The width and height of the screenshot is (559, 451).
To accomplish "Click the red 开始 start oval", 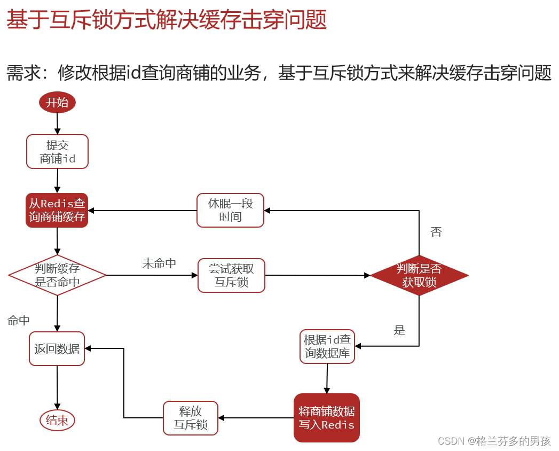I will click(57, 103).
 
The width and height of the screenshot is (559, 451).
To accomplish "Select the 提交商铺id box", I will click(57, 152).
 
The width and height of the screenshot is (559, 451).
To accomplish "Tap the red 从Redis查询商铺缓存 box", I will click(57, 211).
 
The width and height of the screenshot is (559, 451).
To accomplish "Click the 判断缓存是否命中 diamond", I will click(57, 275).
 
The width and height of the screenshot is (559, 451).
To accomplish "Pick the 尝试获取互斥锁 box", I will click(231, 276).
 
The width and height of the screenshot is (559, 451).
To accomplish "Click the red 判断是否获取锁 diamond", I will click(419, 276).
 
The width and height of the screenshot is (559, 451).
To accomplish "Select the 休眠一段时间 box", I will click(230, 211).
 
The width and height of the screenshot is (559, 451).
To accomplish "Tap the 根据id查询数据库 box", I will click(327, 347).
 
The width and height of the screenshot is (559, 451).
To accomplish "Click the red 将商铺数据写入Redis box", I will click(327, 418).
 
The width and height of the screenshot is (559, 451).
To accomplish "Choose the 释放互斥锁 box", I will click(191, 418).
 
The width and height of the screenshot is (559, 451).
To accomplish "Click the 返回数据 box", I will click(57, 349).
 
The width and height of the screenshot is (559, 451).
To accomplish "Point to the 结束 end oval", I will click(57, 421).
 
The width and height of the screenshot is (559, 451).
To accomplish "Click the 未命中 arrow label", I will click(159, 263).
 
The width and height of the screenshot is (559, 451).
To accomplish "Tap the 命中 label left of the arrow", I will click(19, 321).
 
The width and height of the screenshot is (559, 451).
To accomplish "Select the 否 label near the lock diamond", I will click(436, 232).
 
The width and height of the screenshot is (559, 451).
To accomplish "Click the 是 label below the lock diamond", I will click(399, 330).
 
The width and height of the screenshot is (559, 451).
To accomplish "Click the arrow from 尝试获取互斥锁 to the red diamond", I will click(317, 276).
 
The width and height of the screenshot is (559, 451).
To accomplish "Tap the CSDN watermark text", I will click(494, 441).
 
